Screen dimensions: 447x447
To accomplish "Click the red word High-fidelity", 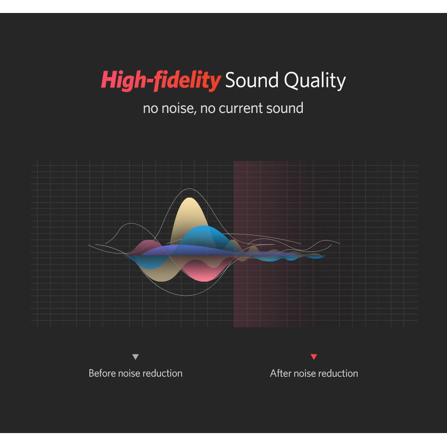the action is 161,80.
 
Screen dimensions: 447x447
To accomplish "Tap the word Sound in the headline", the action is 252,80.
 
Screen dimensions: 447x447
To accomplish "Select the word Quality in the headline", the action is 315,81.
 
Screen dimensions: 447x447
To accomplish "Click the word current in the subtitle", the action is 240,108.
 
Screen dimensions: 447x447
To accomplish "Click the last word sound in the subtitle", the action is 285,108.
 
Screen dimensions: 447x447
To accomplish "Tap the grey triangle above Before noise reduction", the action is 136,357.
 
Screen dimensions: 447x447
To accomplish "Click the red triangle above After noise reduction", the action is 314,357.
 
